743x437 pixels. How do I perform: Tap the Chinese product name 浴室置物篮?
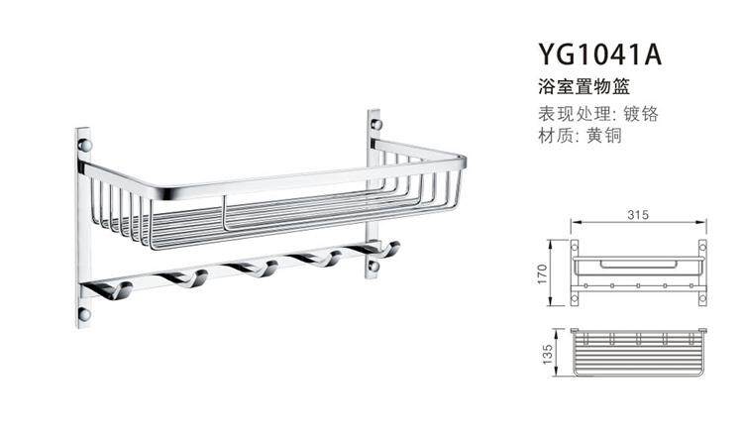pos(580,88)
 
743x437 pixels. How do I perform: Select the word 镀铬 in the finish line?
pos(639,113)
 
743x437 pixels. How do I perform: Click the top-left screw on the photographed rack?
pos(85,146)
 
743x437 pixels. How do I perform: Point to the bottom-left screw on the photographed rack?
pos(84,314)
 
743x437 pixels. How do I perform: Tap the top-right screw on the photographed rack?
pos(375,125)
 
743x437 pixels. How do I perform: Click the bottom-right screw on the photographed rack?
pos(373,266)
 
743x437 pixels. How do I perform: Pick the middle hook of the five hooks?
pos(252,270)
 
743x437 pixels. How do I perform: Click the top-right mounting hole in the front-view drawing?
pos(702,244)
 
